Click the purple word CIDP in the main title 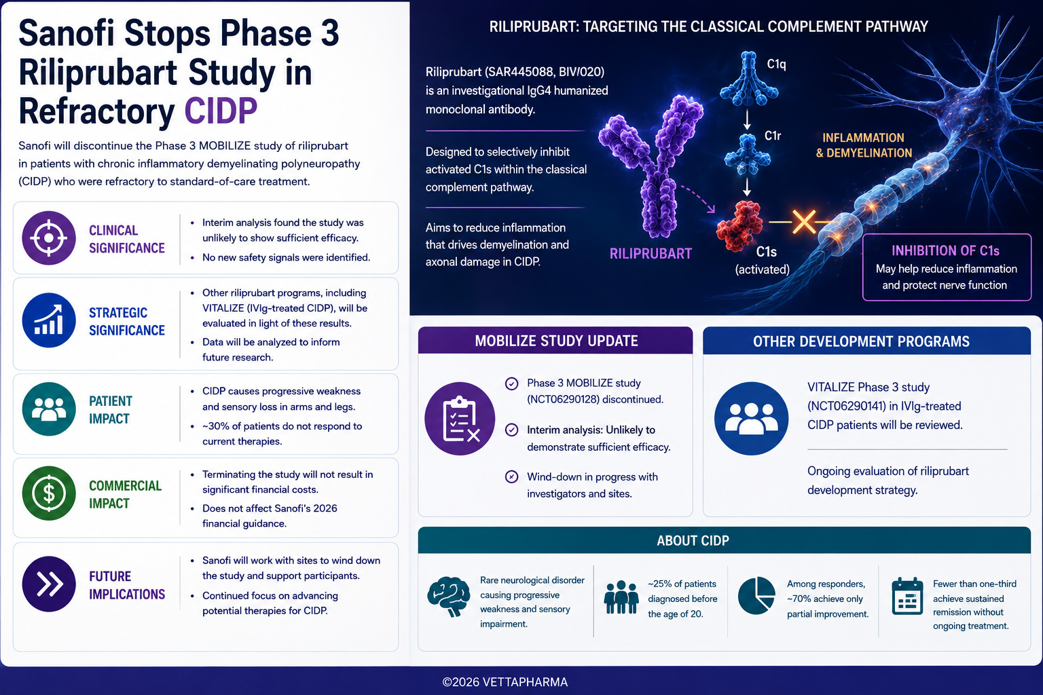221,111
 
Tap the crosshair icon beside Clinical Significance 49,238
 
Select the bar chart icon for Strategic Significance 49,320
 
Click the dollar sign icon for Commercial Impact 49,493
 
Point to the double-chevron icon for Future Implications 49,584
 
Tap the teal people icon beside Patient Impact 49,409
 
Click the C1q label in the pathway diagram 776,64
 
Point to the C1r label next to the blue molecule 773,136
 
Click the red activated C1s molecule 739,226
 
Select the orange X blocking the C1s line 804,222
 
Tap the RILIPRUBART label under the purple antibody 651,254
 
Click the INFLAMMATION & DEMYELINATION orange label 864,145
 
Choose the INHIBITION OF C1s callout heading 946,251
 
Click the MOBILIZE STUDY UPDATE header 556,341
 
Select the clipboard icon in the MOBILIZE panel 460,419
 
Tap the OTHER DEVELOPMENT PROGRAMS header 861,341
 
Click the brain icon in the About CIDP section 448,597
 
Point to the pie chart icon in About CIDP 756,595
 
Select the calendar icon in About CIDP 907,596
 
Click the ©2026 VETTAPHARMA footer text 505,682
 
